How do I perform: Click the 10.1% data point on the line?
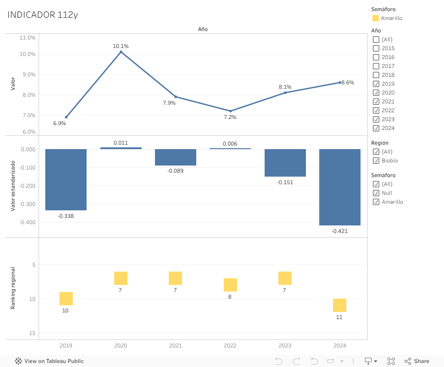coord(121,52)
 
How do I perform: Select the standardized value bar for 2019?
coord(66,179)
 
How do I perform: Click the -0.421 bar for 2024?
coord(340,187)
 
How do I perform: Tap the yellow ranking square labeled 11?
coord(340,305)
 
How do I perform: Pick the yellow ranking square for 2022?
coord(230,285)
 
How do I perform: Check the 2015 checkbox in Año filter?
coord(376,48)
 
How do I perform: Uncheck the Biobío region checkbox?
coord(376,161)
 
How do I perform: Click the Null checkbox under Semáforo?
coord(376,193)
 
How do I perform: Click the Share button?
coord(417,361)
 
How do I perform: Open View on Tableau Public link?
coord(50,361)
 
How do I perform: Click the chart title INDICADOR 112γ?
coord(43,15)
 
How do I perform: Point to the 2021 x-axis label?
coord(175,346)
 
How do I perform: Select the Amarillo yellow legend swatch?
coord(376,18)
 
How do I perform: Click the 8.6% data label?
coord(348,83)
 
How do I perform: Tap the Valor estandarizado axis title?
coord(13,185)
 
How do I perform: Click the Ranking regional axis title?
coord(13,288)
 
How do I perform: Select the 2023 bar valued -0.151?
coord(285,163)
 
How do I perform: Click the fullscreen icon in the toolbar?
coord(391,361)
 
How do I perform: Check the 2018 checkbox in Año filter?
coord(376,75)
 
